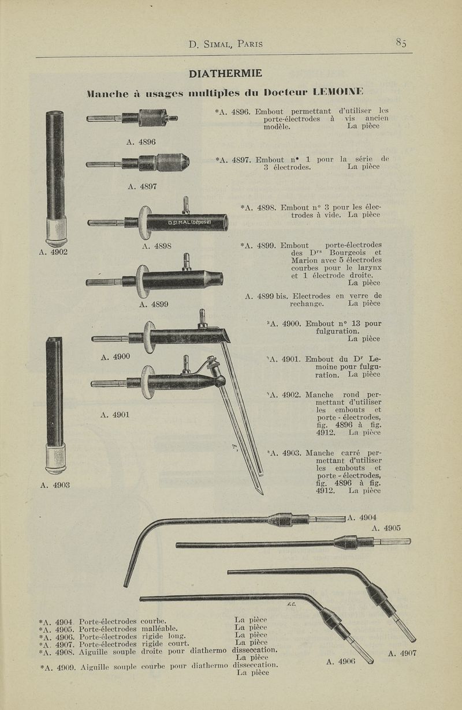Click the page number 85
click(x=401, y=42)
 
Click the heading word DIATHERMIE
click(x=225, y=73)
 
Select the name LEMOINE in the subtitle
click(x=338, y=92)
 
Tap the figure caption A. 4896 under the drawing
click(x=141, y=142)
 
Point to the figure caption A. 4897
click(x=142, y=186)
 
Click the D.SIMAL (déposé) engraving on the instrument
click(x=189, y=222)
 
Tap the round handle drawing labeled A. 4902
click(x=55, y=178)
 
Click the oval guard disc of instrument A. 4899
click(x=143, y=281)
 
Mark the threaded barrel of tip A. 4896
click(x=152, y=118)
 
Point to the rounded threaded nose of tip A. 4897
click(x=173, y=162)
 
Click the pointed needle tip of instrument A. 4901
click(x=261, y=492)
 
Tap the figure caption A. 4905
click(x=386, y=528)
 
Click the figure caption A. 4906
click(x=341, y=662)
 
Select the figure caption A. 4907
click(x=402, y=653)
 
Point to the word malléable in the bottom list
click(x=159, y=629)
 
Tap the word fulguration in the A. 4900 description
click(x=337, y=331)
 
